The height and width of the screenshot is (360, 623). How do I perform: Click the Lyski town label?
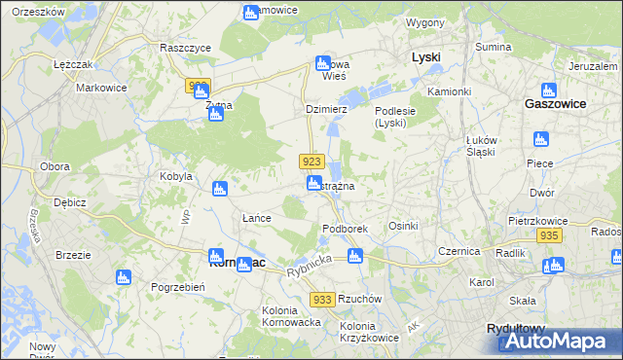[x=425, y=57]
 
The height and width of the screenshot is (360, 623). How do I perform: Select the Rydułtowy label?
[x=516, y=329]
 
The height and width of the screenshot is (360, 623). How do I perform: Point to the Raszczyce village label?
[x=186, y=47]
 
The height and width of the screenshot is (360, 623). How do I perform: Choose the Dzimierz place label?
[x=326, y=110]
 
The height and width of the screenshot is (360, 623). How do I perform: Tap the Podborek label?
[x=345, y=229]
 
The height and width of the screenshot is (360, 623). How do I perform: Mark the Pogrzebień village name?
[x=177, y=287]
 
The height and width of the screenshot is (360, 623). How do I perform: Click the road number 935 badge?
[x=549, y=236]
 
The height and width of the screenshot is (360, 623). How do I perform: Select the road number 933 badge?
[x=324, y=301]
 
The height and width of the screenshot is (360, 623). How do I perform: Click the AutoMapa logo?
[x=559, y=340]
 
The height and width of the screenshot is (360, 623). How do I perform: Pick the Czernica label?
[x=459, y=251]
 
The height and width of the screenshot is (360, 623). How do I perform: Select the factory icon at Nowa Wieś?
[x=323, y=64]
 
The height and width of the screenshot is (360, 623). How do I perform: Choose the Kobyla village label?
[x=176, y=177]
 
